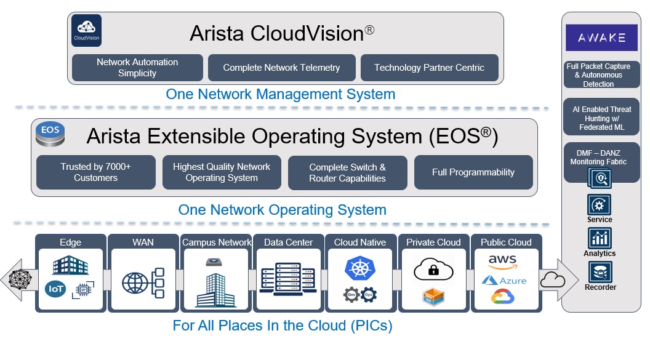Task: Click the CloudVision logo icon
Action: pos(87,31)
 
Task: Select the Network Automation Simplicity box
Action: pos(137,68)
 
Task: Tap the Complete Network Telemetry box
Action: pos(281,68)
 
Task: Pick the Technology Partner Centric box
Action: pos(429,68)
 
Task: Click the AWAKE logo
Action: pos(601,38)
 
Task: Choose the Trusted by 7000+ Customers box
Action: pos(95,172)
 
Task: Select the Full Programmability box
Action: pos(473,172)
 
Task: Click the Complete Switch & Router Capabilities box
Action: pos(347,172)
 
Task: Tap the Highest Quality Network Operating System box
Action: pos(222,172)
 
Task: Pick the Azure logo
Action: pos(504,281)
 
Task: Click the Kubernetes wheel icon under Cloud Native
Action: pos(359,269)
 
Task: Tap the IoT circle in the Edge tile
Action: pos(55,287)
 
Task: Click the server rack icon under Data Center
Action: pos(288,280)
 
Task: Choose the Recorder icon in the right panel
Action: pos(600,272)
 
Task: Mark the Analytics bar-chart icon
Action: pos(600,238)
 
